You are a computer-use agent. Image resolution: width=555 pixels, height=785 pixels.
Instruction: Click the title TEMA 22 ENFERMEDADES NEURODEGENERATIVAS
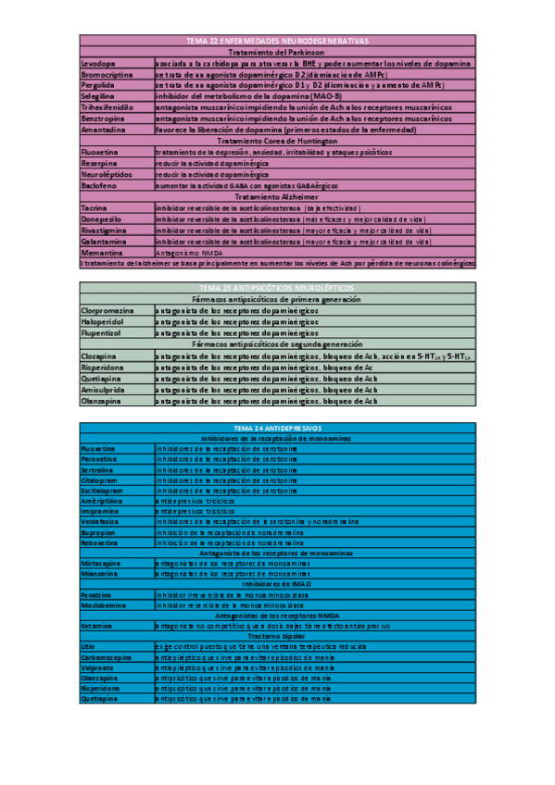point(277,41)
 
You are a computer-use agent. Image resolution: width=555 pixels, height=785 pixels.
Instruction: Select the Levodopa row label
point(99,62)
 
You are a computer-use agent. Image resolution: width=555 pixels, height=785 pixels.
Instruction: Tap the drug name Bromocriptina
point(107,73)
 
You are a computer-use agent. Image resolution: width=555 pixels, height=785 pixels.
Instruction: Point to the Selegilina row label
point(100,95)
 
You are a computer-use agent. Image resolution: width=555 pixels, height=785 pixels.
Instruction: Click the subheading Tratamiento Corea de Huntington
point(277,140)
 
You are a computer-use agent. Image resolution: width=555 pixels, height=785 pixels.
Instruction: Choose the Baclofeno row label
point(100,185)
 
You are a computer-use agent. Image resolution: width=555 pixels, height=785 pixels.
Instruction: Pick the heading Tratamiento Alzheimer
point(277,196)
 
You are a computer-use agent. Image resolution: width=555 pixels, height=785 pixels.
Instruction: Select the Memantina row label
point(101,253)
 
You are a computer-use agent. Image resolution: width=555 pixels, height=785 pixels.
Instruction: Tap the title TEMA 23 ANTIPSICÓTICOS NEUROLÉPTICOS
point(277,289)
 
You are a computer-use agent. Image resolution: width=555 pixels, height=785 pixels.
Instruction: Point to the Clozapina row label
point(99,355)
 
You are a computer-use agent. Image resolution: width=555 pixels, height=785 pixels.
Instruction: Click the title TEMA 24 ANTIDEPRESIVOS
point(277,430)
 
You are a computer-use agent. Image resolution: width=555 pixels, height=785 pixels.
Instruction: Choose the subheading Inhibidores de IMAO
point(277,584)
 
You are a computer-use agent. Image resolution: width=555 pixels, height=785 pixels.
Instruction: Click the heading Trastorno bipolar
point(277,636)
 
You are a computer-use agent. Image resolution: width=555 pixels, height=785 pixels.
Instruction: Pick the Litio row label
point(88,647)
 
